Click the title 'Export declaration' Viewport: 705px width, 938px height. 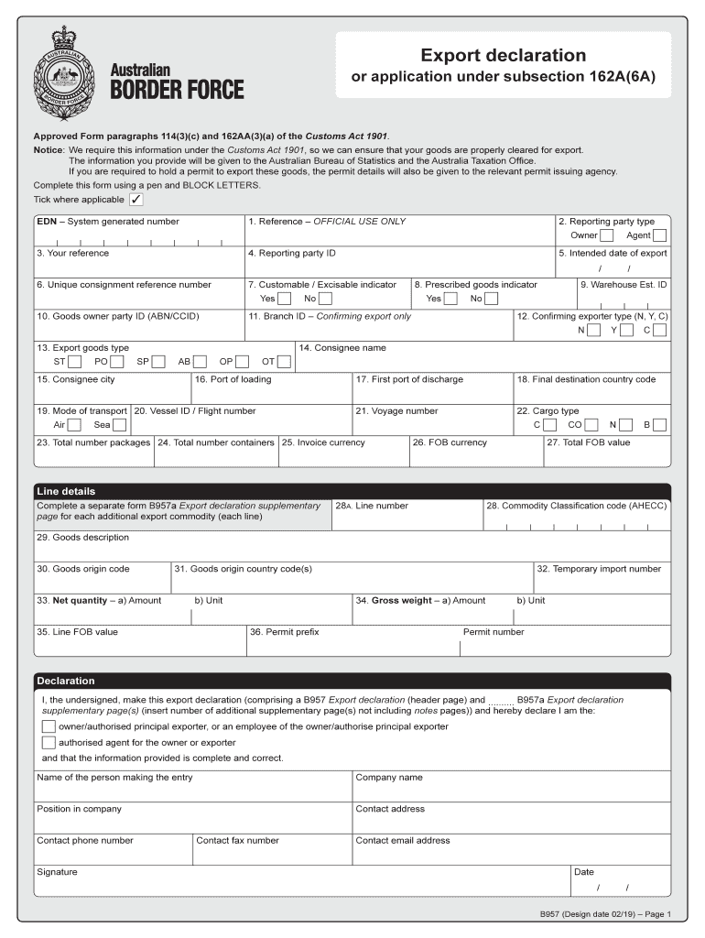pyautogui.click(x=503, y=56)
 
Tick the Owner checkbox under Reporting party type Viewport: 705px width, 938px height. pyautogui.click(x=606, y=235)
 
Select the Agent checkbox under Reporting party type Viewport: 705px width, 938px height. pyautogui.click(x=659, y=235)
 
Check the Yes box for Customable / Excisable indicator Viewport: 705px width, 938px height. pyautogui.click(x=285, y=299)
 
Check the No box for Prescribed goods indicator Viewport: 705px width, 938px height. pyautogui.click(x=492, y=299)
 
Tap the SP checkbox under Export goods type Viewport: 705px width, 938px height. pyautogui.click(x=158, y=362)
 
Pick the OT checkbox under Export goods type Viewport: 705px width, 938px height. pyautogui.click(x=284, y=362)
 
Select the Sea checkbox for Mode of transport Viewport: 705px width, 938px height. pyautogui.click(x=119, y=425)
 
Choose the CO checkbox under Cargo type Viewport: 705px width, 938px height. pyautogui.click(x=591, y=425)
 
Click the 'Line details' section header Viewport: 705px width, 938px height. pyautogui.click(x=66, y=491)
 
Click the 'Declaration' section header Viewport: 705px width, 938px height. pyautogui.click(x=66, y=681)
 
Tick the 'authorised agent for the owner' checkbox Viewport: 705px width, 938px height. pyautogui.click(x=49, y=743)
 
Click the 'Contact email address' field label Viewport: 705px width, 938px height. pyautogui.click(x=403, y=840)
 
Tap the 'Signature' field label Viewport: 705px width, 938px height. pyautogui.click(x=57, y=872)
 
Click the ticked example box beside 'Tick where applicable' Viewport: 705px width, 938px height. pyautogui.click(x=136, y=200)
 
